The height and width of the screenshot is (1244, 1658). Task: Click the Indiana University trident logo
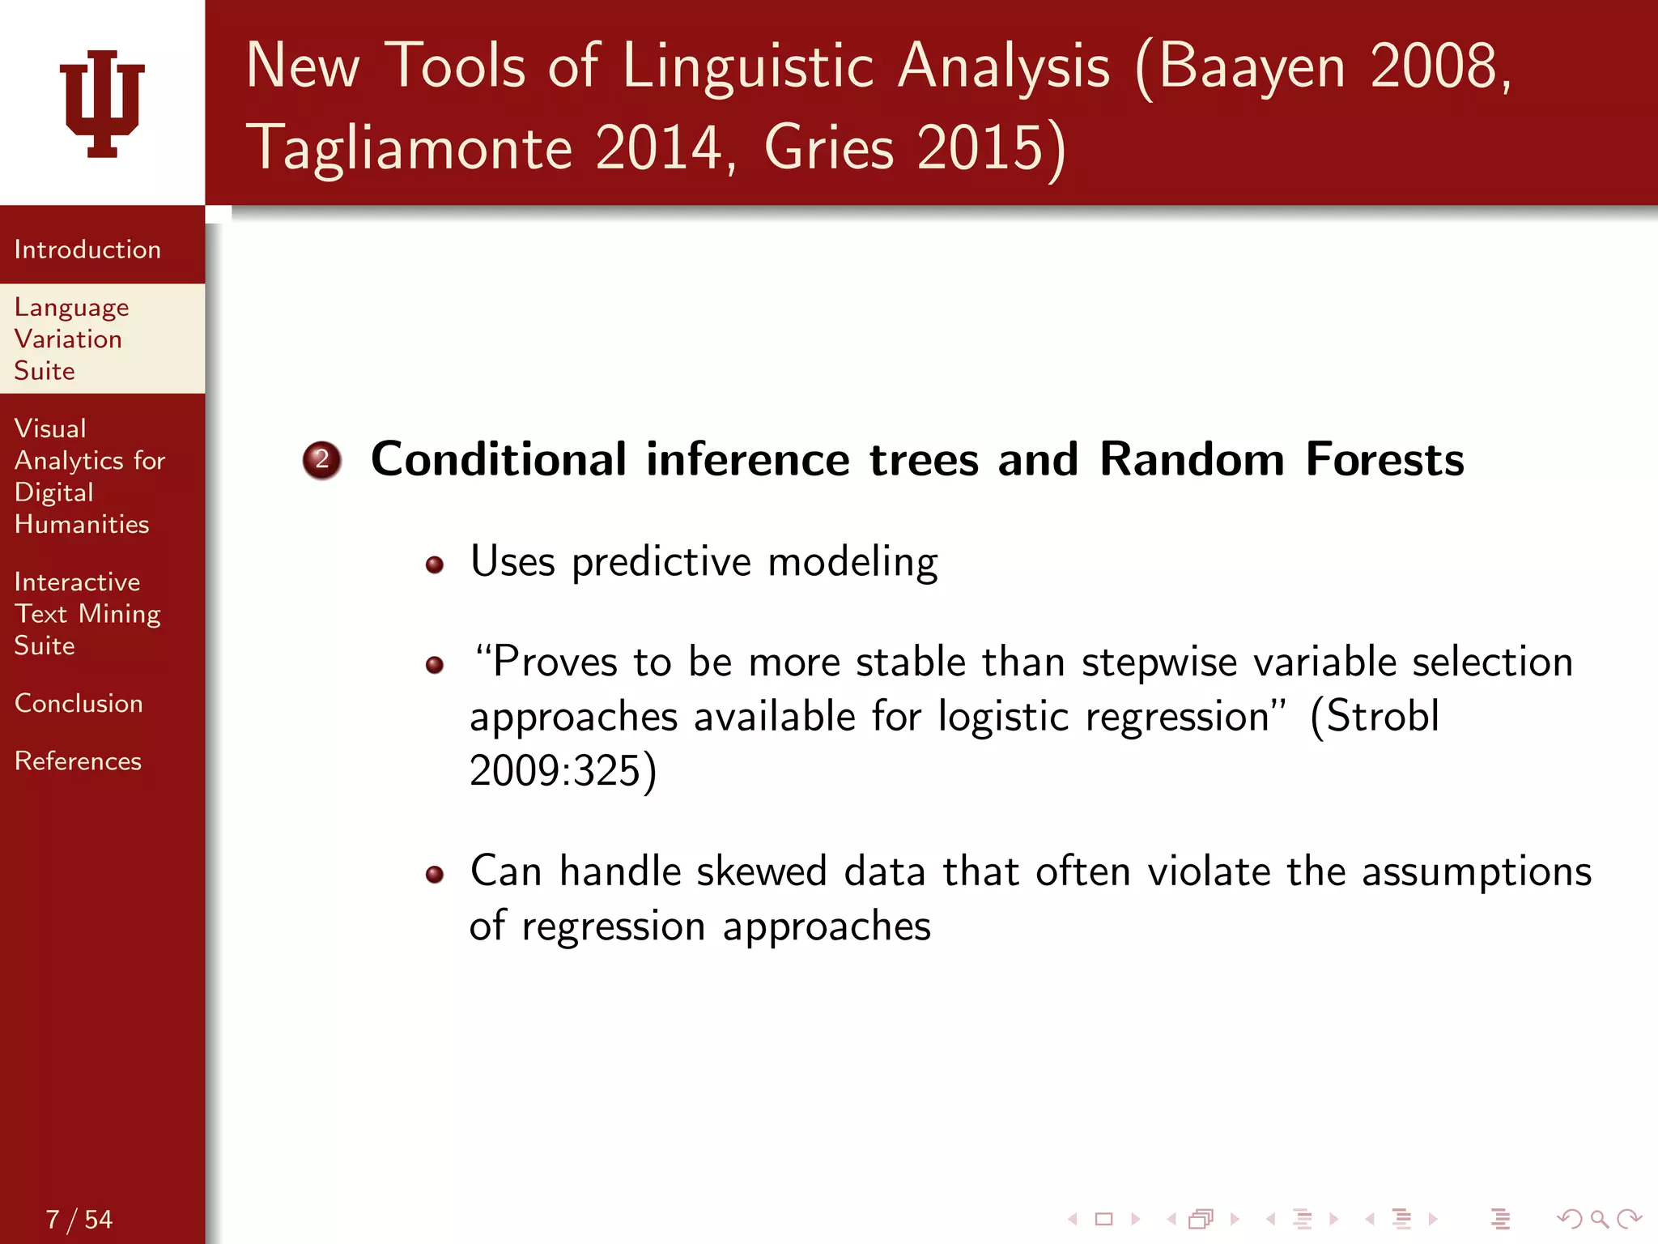click(102, 103)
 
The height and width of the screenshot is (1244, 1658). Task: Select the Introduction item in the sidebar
click(87, 249)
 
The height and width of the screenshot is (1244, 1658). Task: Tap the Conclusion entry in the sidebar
click(79, 703)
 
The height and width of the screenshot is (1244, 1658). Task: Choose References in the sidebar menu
click(78, 760)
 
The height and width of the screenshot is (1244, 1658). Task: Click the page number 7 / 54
click(79, 1219)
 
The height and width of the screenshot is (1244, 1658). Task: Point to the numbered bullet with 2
click(321, 459)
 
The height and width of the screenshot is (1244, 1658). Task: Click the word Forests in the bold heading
click(1384, 459)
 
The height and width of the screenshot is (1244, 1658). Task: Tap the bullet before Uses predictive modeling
click(435, 564)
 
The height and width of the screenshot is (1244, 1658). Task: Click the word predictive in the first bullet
click(661, 561)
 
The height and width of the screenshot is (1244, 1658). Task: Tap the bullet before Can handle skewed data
click(435, 874)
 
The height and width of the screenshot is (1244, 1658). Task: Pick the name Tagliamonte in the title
click(409, 147)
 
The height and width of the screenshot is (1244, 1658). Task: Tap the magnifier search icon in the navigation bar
click(1599, 1218)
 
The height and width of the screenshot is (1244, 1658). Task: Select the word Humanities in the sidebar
click(82, 524)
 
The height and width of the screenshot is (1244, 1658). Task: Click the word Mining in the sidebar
click(119, 614)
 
